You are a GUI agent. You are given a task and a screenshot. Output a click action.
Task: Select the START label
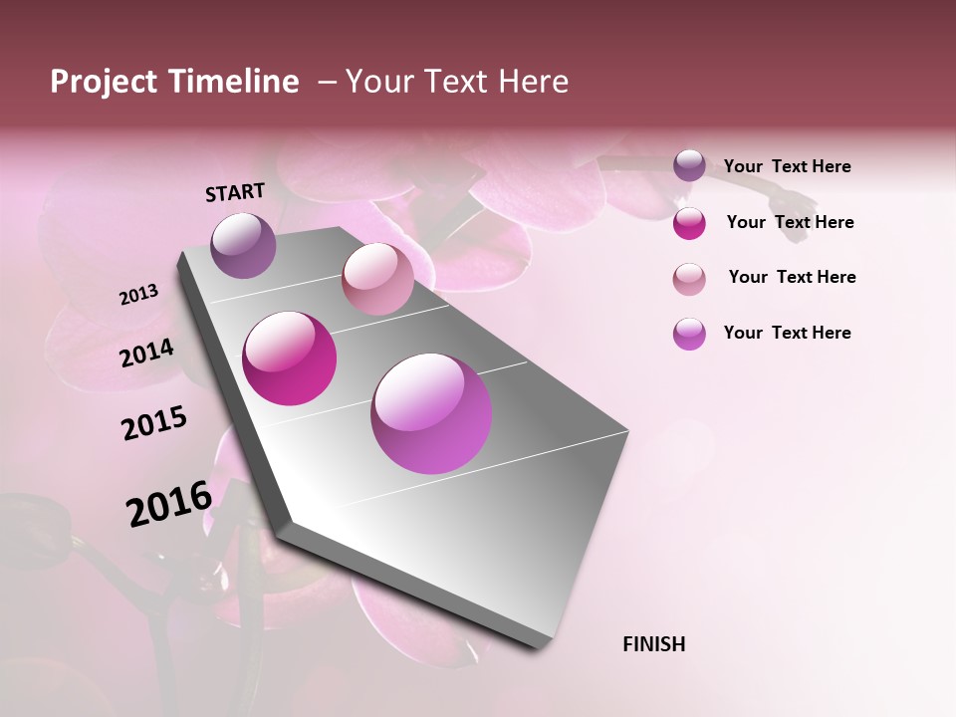235,192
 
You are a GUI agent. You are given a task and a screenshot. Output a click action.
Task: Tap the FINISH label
654,644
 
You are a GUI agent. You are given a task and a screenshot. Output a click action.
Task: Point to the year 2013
138,295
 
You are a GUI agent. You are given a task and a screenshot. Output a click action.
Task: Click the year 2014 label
147,353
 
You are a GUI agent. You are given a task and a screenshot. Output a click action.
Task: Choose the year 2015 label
154,423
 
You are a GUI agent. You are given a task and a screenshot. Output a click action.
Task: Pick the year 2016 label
169,503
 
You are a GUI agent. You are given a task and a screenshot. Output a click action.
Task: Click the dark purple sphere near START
244,245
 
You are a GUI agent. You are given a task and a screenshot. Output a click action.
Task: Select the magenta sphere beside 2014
290,358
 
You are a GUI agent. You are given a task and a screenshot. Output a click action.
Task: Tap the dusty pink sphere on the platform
377,278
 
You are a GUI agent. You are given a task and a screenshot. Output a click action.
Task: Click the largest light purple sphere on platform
431,413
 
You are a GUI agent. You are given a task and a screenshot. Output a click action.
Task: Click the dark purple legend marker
689,165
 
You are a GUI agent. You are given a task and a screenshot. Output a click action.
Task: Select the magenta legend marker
689,223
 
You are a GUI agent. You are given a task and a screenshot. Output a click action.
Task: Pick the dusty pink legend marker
689,279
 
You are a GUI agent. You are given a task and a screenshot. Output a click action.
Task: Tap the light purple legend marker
689,334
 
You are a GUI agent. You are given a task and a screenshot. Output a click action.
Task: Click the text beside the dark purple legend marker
787,166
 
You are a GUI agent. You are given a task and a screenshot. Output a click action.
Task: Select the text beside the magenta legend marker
790,222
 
